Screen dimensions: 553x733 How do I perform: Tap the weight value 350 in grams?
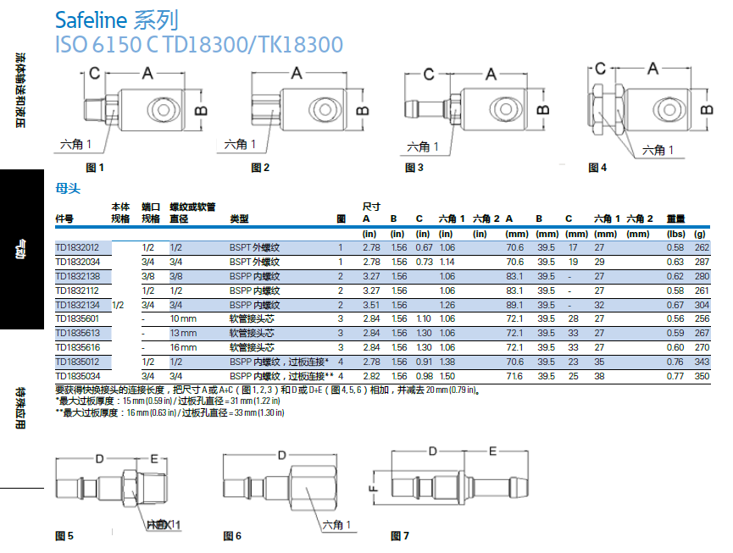coord(701,374)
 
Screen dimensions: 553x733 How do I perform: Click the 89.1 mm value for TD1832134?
coord(514,305)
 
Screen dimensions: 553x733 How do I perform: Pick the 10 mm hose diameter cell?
coord(184,318)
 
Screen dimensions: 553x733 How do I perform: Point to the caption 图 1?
coord(95,168)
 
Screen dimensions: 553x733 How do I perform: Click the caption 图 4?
coord(597,168)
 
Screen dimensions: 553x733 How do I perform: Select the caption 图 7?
coord(400,536)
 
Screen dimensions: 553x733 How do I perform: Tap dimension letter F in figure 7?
coord(373,488)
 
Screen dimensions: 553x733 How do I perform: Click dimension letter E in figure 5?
coord(154,458)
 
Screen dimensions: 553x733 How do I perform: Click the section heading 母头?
coord(67,190)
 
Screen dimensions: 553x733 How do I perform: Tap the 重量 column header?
coord(675,218)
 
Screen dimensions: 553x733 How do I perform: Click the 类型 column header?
coord(239,218)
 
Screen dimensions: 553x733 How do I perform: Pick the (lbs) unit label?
coord(675,234)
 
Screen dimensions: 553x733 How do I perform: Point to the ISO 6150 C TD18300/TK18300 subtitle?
coord(198,44)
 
